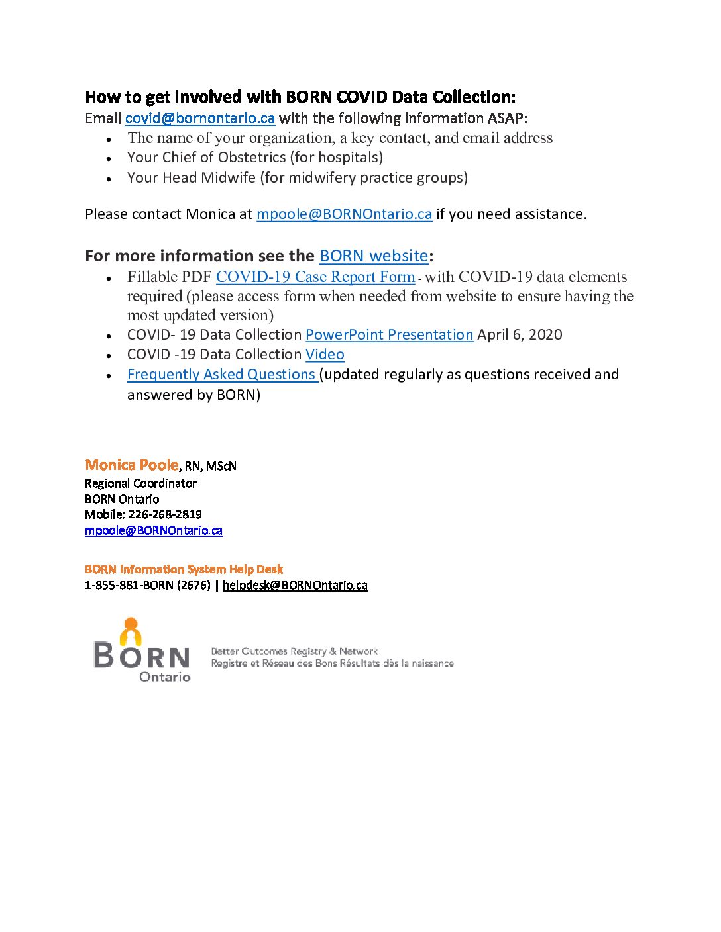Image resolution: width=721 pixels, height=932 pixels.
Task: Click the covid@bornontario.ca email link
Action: coord(199,118)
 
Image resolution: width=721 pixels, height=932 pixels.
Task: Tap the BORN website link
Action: coord(374,256)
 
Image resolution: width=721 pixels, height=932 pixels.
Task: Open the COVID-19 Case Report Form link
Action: coord(315,277)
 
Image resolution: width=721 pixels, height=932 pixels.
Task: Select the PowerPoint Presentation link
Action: coord(389,335)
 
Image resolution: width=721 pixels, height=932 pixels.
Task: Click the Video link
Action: coord(325,355)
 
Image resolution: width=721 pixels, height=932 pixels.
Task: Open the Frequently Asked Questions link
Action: coord(222,375)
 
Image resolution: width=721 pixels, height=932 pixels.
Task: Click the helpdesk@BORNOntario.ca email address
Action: coord(295,585)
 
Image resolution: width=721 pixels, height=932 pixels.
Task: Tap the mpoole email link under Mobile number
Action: coord(154,530)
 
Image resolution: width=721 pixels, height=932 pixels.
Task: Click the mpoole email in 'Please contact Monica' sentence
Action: coord(344,214)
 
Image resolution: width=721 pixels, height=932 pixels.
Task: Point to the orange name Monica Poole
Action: coord(132,465)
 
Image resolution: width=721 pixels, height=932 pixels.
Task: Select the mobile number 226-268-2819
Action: coord(165,514)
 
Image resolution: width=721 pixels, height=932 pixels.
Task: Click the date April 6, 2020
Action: coord(520,335)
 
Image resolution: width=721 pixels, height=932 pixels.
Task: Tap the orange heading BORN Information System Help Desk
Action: coord(184,569)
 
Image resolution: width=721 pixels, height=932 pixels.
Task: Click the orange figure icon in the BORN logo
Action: coord(131,632)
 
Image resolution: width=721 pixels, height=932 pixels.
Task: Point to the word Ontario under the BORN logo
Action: coord(164,677)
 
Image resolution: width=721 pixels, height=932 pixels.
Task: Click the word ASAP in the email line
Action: coord(506,118)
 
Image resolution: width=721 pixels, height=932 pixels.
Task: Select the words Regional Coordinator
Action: coord(140,483)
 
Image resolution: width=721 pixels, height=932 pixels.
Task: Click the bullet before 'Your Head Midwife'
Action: coord(109,179)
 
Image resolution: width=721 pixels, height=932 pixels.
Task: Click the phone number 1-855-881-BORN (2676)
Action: coord(147,585)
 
